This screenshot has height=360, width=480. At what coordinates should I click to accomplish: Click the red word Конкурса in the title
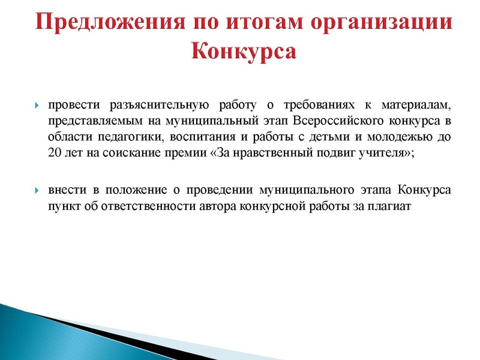pos(244,51)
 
